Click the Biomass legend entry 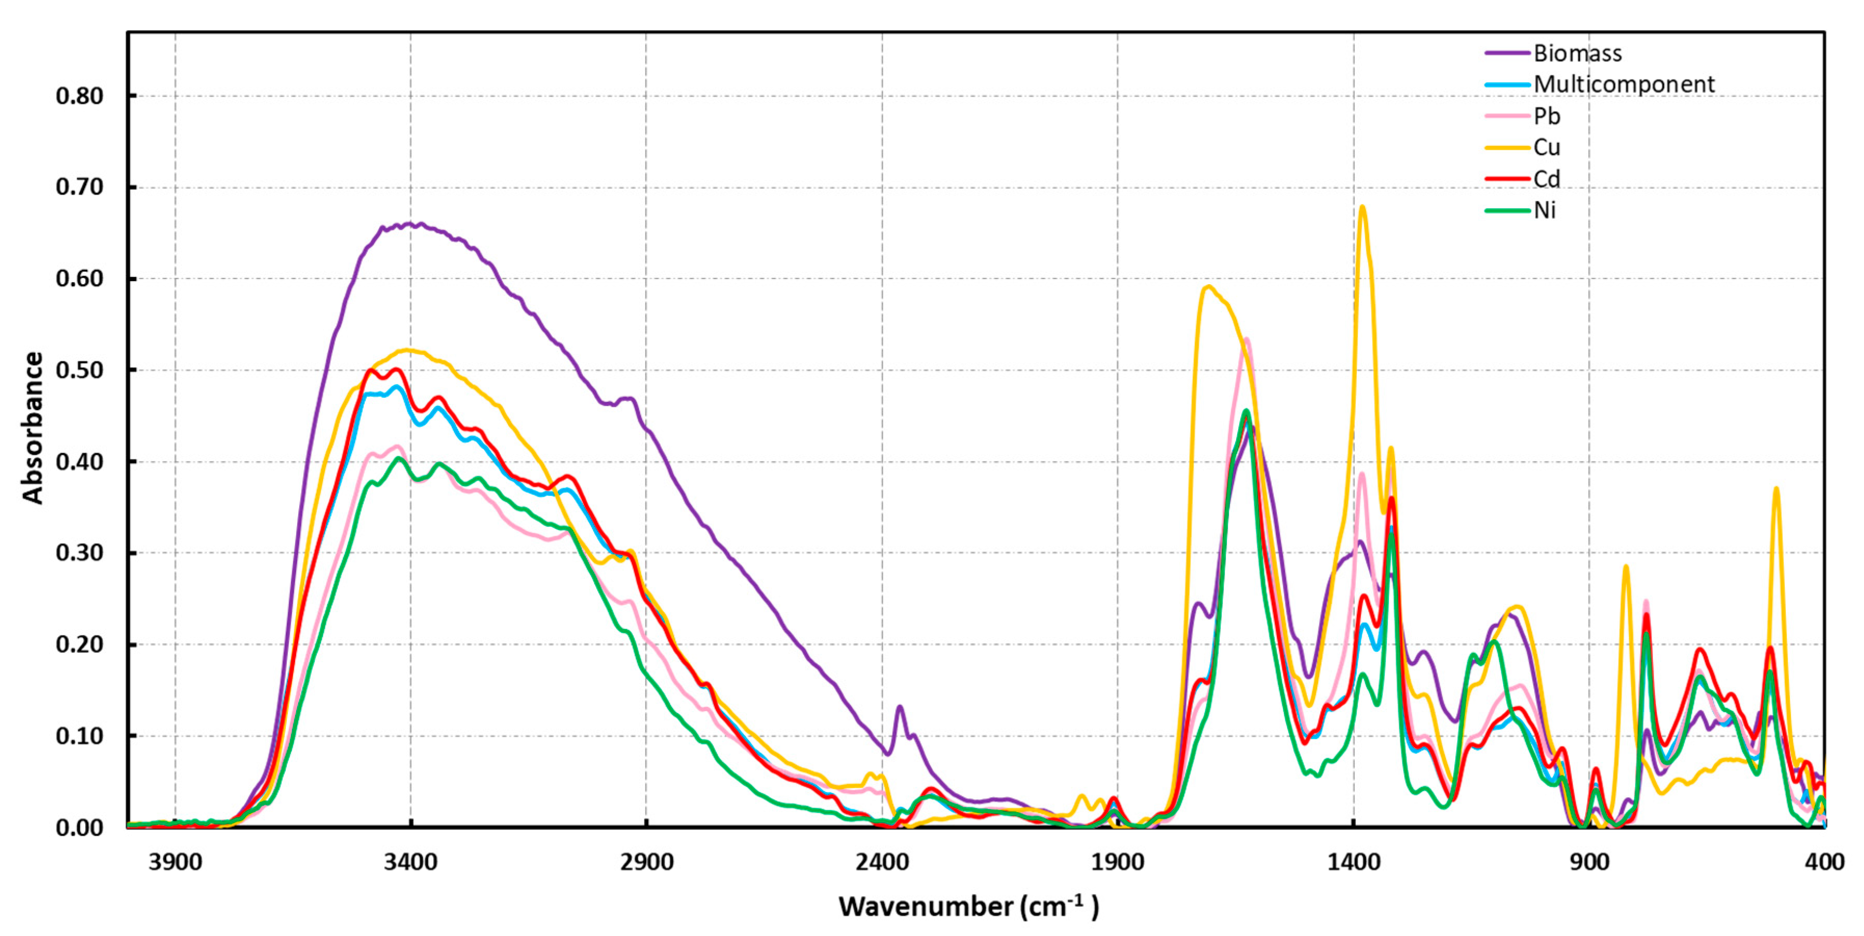pyautogui.click(x=1577, y=53)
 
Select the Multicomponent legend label pyautogui.click(x=1624, y=84)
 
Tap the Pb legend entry pyautogui.click(x=1547, y=116)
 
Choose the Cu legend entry pyautogui.click(x=1547, y=147)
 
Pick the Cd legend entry pyautogui.click(x=1547, y=179)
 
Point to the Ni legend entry pyautogui.click(x=1545, y=210)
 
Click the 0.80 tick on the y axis pyautogui.click(x=79, y=96)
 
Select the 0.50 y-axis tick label pyautogui.click(x=79, y=370)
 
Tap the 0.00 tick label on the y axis pyautogui.click(x=79, y=827)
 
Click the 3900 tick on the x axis pyautogui.click(x=175, y=862)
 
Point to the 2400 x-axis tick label pyautogui.click(x=882, y=862)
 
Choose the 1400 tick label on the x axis pyautogui.click(x=1353, y=862)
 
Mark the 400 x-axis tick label pyautogui.click(x=1824, y=862)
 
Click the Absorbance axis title pyautogui.click(x=33, y=427)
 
